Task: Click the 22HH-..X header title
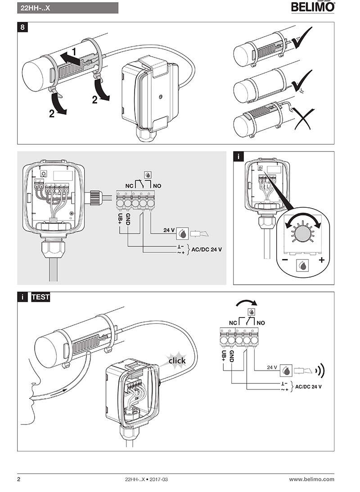click(x=36, y=8)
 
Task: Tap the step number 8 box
click(x=23, y=27)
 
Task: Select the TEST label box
click(x=40, y=297)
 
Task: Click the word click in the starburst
click(x=177, y=361)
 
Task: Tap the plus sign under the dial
click(x=321, y=260)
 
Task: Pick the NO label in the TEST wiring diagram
click(x=261, y=322)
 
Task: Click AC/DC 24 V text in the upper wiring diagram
click(x=207, y=249)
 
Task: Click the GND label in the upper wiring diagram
click(x=128, y=219)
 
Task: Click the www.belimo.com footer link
click(x=311, y=479)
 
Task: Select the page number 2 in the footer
click(x=19, y=479)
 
